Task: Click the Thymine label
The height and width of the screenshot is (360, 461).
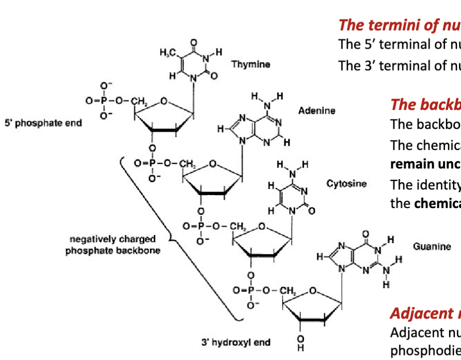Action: click(x=251, y=64)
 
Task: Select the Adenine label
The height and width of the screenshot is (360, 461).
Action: click(x=317, y=110)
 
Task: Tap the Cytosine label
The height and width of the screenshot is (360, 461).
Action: click(x=346, y=184)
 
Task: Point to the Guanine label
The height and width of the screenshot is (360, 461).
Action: click(x=432, y=246)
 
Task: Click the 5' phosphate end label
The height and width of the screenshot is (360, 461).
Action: click(x=43, y=123)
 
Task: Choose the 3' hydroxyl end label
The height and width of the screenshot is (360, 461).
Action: click(x=236, y=342)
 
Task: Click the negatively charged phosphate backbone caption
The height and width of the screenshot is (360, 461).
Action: click(x=113, y=244)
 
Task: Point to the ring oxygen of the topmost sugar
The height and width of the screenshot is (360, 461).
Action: click(x=164, y=102)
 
